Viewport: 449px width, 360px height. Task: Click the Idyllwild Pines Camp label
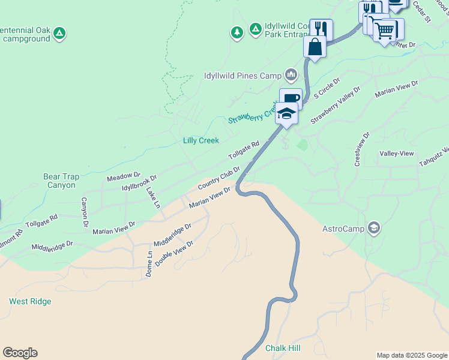[x=243, y=76]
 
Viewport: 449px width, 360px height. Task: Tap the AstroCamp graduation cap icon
[x=374, y=227]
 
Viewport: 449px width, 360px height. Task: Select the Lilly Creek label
[x=200, y=140]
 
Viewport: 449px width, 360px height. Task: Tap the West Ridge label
[x=30, y=301]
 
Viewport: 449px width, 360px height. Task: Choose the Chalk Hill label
[x=283, y=348]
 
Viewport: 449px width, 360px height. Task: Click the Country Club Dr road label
[x=219, y=180]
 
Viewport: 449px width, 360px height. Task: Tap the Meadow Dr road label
[x=123, y=175]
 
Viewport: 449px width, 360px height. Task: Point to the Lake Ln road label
[x=153, y=197]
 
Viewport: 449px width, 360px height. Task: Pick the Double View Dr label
[x=174, y=254]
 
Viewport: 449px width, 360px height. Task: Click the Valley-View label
[x=397, y=154]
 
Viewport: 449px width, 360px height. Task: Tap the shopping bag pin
[x=315, y=46]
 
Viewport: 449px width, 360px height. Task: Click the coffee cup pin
[x=291, y=98]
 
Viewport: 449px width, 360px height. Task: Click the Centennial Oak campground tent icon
[x=59, y=33]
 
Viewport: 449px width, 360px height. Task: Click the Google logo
[x=20, y=353]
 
